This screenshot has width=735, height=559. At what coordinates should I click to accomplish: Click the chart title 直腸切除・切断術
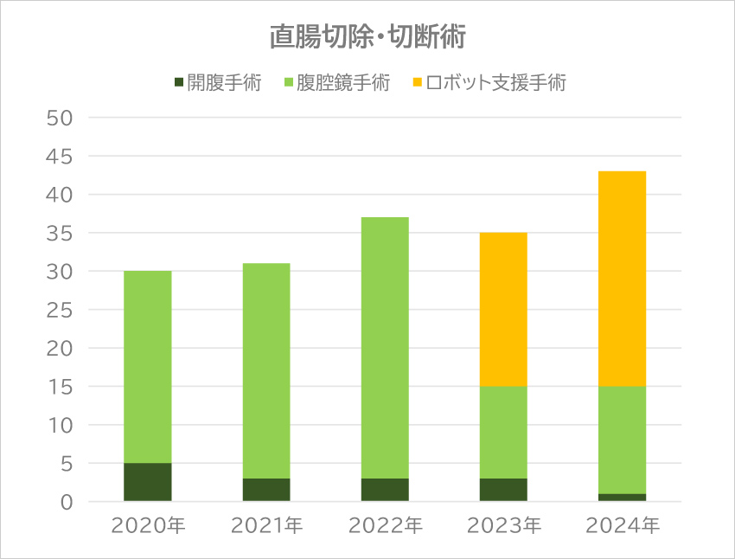click(x=367, y=37)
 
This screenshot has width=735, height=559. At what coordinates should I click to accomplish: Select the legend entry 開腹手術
click(x=217, y=84)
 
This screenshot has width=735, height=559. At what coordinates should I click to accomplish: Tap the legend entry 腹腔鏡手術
click(x=336, y=84)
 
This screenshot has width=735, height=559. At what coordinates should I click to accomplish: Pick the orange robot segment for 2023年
click(x=503, y=310)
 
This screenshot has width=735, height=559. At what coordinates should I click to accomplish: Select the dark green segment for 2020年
click(x=147, y=482)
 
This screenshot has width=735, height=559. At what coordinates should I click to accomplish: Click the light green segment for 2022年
click(x=385, y=348)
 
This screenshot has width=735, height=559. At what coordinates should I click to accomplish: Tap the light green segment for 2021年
click(x=266, y=371)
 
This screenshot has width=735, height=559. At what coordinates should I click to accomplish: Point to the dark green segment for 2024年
click(x=622, y=498)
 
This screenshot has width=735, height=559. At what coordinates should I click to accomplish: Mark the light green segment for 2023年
click(x=503, y=432)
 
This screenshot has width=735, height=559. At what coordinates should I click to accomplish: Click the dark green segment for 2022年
click(x=385, y=490)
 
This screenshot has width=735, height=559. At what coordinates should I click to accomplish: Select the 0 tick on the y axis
click(x=67, y=502)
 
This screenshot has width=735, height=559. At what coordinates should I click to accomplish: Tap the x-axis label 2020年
click(x=147, y=526)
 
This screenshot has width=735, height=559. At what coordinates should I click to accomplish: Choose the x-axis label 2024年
click(x=622, y=526)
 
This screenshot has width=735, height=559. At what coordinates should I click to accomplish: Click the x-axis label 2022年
click(x=385, y=526)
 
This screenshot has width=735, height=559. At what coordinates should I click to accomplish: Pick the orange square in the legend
click(x=418, y=84)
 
